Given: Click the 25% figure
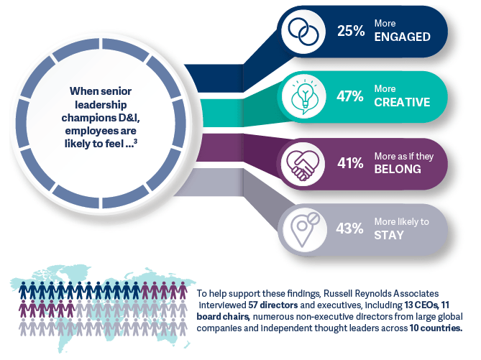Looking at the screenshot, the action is click(351, 31).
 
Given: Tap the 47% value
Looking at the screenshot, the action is click(350, 96).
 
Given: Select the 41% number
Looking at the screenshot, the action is click(350, 163).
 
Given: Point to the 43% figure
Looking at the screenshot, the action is click(349, 229).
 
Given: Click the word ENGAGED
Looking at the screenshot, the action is click(402, 37).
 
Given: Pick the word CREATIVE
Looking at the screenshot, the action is click(402, 102).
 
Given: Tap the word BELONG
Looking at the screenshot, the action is click(398, 169).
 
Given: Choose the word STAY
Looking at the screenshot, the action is click(389, 235).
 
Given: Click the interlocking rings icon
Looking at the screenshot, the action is click(303, 32).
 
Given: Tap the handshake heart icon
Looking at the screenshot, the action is click(303, 165).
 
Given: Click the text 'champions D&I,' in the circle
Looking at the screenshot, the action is click(101, 118).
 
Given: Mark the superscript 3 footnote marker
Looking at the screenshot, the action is click(136, 141).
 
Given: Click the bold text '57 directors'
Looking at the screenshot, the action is click(273, 305).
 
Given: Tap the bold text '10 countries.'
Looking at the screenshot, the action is click(436, 328).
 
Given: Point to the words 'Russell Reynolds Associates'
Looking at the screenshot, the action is click(381, 293).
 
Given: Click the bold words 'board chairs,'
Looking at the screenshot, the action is click(223, 316).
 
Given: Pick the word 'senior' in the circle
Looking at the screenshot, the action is click(116, 91).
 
